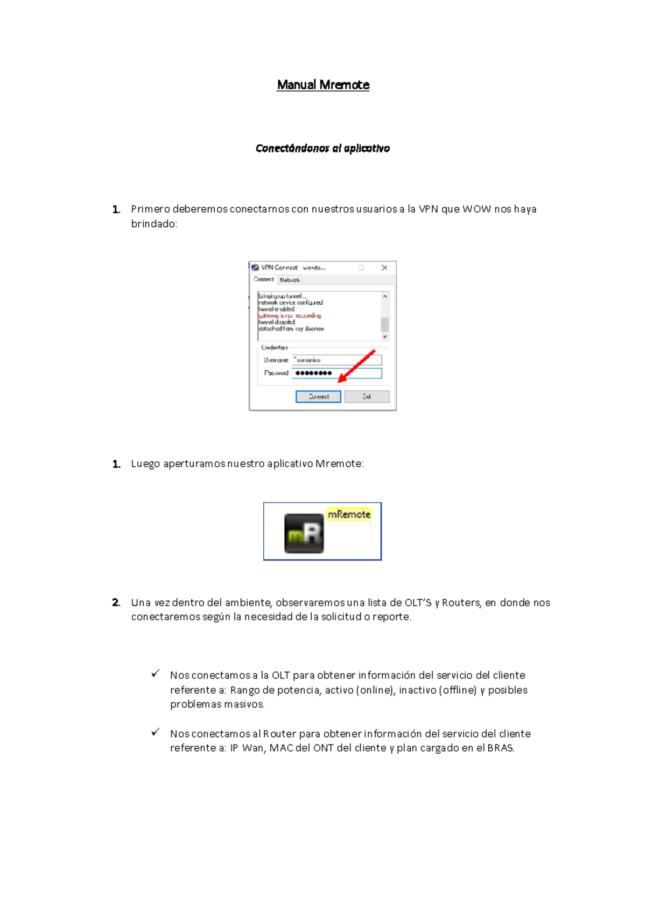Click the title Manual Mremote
[323, 85]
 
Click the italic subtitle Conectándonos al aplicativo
[322, 148]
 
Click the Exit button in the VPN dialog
[367, 397]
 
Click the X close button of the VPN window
[384, 268]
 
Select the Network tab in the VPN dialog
[290, 280]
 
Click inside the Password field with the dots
[336, 373]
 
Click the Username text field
[336, 360]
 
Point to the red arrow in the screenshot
[356, 366]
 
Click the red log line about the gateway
[290, 316]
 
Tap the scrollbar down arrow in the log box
[385, 336]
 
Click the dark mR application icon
[304, 533]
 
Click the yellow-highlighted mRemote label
[349, 514]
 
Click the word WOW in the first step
[476, 209]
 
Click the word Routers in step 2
[460, 602]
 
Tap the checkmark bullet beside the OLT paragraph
[155, 674]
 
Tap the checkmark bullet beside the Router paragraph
[155, 732]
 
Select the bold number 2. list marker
[116, 602]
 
